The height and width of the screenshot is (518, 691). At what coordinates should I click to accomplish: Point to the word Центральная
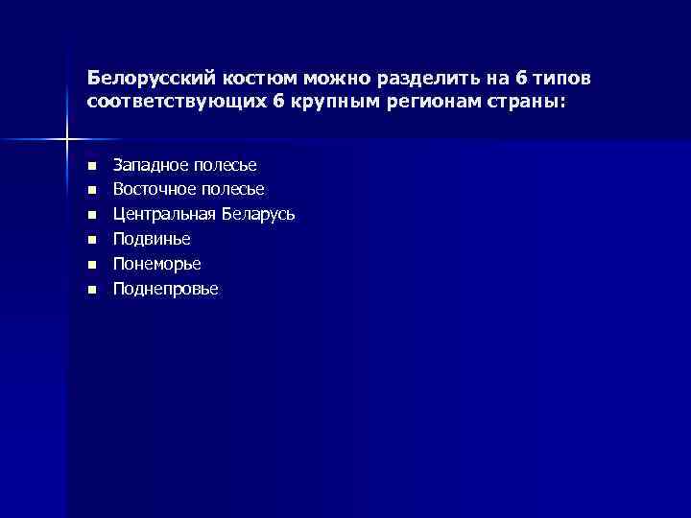[165, 214]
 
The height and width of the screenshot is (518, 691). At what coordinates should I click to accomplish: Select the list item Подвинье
[152, 239]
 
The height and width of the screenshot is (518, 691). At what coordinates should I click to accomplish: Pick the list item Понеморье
[157, 263]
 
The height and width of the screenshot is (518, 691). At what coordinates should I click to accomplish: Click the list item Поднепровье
[165, 288]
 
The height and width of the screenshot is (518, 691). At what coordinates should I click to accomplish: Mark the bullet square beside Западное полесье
[91, 166]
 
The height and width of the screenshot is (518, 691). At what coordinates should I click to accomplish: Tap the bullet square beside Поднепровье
[91, 289]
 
